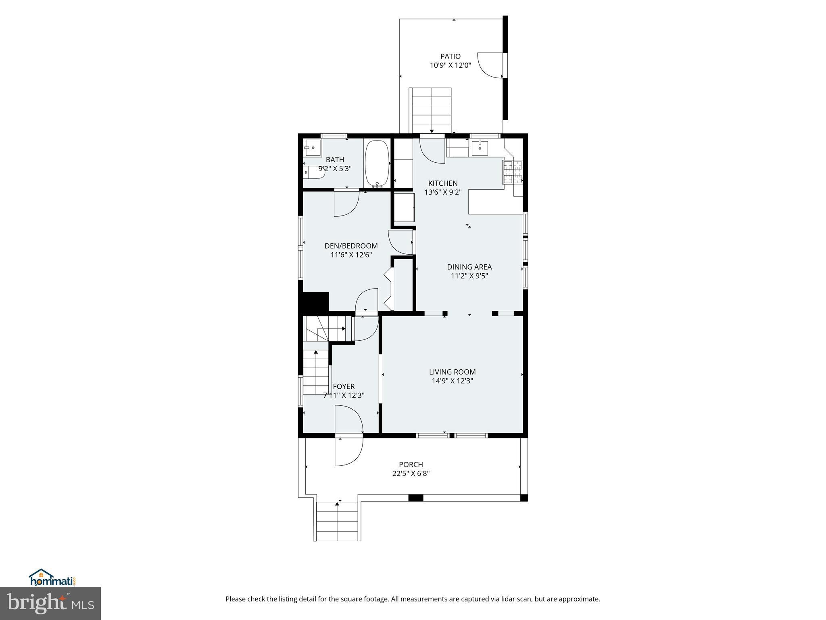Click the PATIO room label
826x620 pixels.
(x=450, y=57)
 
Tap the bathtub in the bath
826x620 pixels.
(x=377, y=163)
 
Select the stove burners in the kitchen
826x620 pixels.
(x=512, y=172)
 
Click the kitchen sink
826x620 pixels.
(x=480, y=148)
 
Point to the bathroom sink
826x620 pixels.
(x=312, y=148)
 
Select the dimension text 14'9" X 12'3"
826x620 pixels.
(x=452, y=381)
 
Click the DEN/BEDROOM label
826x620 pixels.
(x=351, y=246)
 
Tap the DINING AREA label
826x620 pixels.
(x=469, y=267)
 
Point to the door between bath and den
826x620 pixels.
(x=346, y=203)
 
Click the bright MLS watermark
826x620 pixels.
(x=50, y=603)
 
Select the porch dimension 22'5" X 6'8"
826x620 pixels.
(x=411, y=473)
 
